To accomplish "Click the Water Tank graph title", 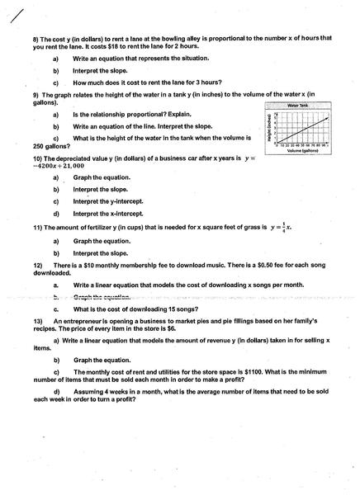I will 298,106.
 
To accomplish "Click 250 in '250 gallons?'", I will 40,144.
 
